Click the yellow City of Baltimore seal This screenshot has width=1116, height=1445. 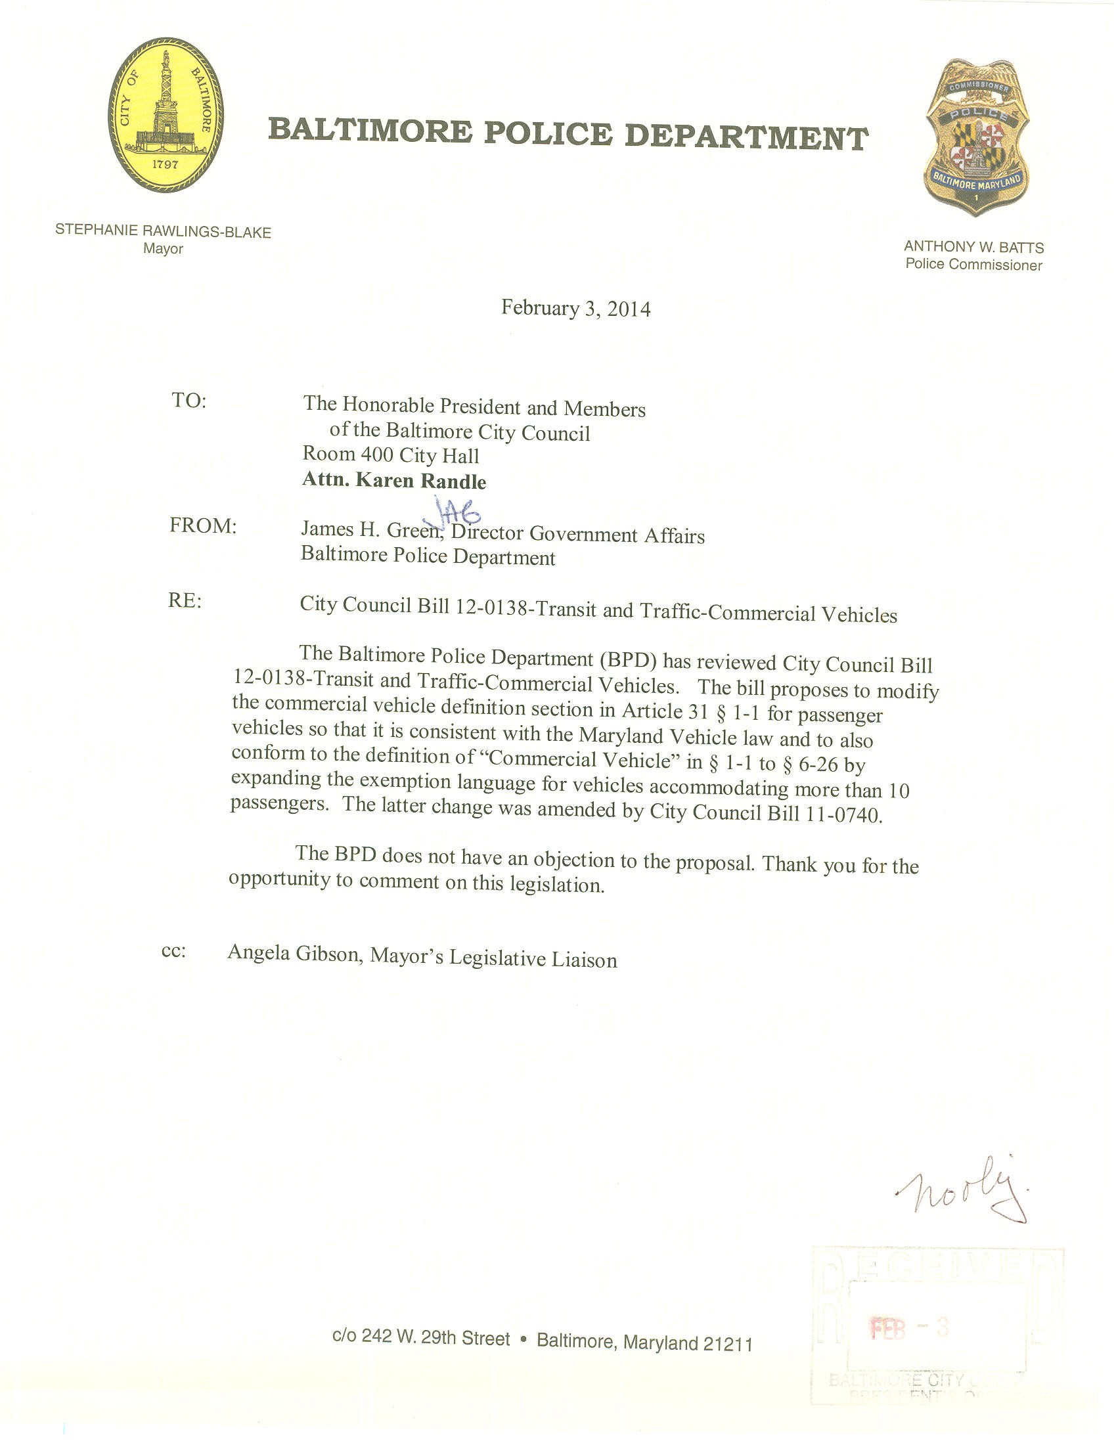[165, 115]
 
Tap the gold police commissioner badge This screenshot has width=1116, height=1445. [976, 139]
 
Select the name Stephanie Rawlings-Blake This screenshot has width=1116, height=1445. [163, 232]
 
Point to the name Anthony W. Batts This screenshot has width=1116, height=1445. [973, 247]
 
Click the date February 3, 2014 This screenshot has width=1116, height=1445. [575, 309]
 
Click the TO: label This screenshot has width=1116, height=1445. [189, 401]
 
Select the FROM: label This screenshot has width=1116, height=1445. [202, 525]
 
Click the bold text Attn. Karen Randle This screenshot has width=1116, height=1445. [393, 481]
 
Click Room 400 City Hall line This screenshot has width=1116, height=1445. [390, 455]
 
